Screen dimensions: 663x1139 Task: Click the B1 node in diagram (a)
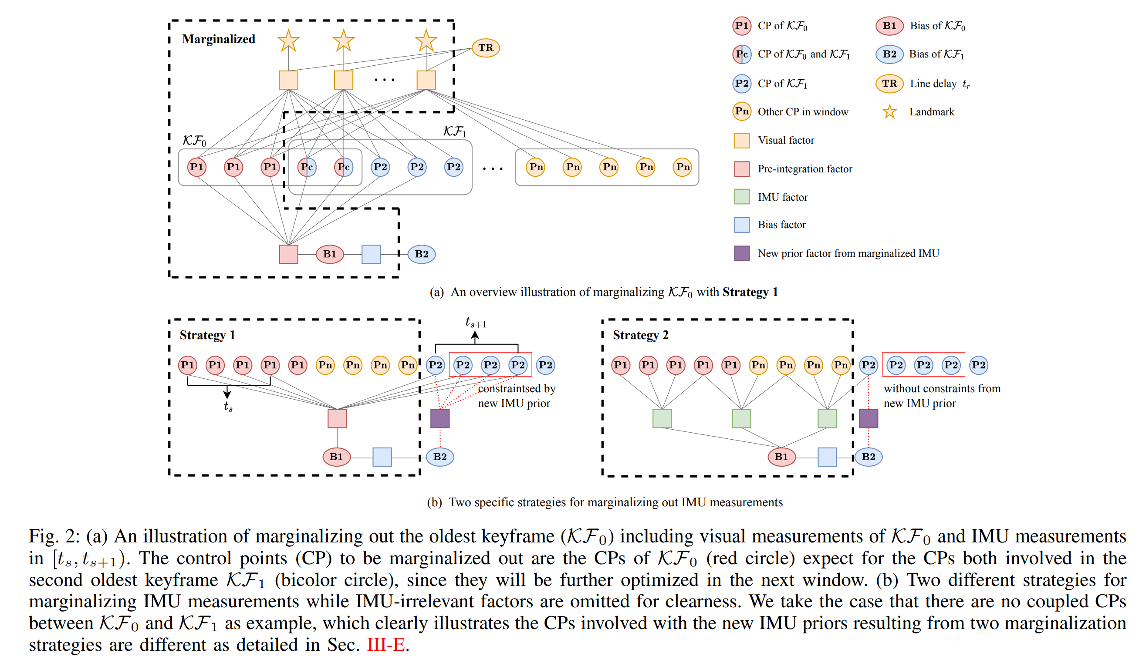pyautogui.click(x=329, y=254)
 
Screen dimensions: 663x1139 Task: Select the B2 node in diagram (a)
pyautogui.click(x=421, y=254)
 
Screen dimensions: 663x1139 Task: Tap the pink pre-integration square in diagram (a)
pyautogui.click(x=288, y=254)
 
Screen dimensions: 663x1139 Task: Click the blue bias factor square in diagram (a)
pyautogui.click(x=371, y=254)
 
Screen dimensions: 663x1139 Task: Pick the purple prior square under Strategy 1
pyautogui.click(x=440, y=419)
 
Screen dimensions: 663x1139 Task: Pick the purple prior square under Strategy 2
pyautogui.click(x=868, y=419)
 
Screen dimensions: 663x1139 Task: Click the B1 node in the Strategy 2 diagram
pyautogui.click(x=781, y=457)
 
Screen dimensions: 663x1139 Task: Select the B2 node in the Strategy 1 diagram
pyautogui.click(x=440, y=457)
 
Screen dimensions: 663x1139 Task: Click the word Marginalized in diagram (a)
pyautogui.click(x=219, y=39)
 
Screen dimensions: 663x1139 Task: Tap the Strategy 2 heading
pyautogui.click(x=640, y=335)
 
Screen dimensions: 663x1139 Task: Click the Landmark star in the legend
pyautogui.click(x=889, y=111)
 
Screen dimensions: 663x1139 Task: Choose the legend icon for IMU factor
pyautogui.click(x=742, y=197)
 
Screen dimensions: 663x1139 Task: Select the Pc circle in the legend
pyautogui.click(x=742, y=54)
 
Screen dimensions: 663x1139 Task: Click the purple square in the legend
pyautogui.click(x=742, y=253)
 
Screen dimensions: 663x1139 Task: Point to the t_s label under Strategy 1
pyautogui.click(x=228, y=407)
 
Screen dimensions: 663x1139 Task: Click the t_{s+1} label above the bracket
pyautogui.click(x=476, y=323)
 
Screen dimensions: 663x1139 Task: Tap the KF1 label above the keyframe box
pyautogui.click(x=454, y=131)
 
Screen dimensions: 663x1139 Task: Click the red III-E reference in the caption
pyautogui.click(x=385, y=644)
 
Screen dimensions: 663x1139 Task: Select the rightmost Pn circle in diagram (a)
pyautogui.click(x=683, y=167)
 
